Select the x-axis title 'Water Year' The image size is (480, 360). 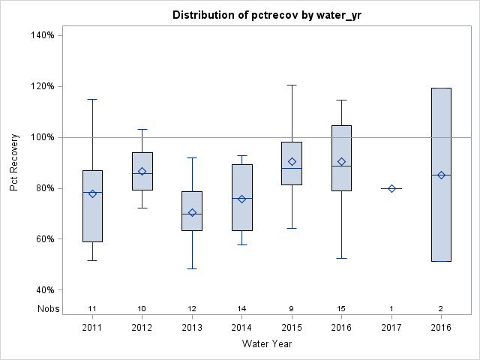tap(267, 344)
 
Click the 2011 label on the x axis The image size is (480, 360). tap(92, 327)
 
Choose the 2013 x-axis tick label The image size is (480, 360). tap(192, 327)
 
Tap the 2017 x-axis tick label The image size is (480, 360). tap(391, 327)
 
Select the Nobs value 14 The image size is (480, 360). tap(241, 309)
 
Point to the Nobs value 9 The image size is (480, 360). tap(292, 309)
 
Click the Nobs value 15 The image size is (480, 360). tap(341, 309)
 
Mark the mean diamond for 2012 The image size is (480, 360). tap(142, 172)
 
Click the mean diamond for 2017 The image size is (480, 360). tap(391, 189)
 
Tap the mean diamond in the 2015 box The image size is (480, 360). tap(292, 162)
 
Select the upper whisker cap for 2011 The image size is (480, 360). tap(92, 99)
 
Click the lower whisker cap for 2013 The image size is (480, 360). tap(192, 268)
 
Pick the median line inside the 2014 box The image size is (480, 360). tap(241, 198)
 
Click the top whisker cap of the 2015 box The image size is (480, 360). tap(292, 85)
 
